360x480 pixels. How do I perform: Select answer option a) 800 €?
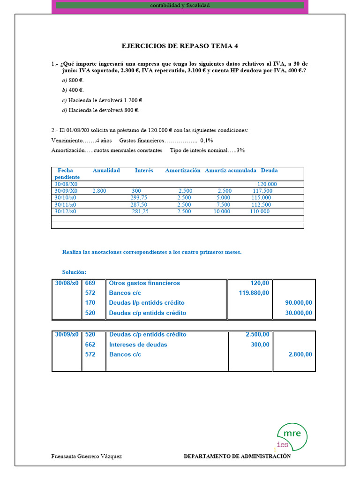[x=73, y=80]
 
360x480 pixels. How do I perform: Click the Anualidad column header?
[x=106, y=171]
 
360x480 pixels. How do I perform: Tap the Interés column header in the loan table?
[x=144, y=171]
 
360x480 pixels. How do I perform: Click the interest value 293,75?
[x=139, y=198]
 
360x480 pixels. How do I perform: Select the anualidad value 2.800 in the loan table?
[x=100, y=191]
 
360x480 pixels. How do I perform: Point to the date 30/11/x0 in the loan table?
[x=65, y=205]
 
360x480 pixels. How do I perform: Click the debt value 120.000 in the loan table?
[x=267, y=184]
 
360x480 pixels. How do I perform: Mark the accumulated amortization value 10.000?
[x=222, y=211]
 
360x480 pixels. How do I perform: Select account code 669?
[x=90, y=283]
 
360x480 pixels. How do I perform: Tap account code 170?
[x=90, y=303]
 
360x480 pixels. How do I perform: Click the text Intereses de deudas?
[x=138, y=345]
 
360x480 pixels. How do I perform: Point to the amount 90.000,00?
[x=299, y=303]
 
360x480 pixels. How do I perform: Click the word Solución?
[x=74, y=272]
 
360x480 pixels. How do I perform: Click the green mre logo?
[x=292, y=436]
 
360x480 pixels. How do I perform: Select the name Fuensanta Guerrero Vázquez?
[x=86, y=457]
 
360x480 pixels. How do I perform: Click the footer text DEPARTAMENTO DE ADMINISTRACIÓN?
[x=237, y=457]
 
